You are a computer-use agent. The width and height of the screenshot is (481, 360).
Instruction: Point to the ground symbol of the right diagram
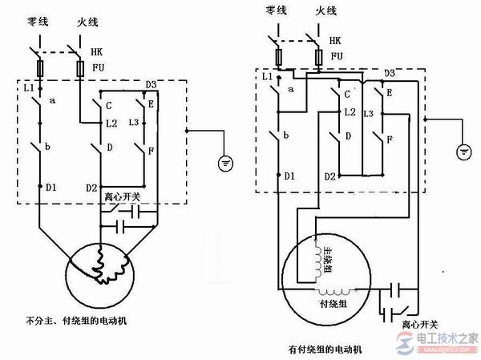coord(463,151)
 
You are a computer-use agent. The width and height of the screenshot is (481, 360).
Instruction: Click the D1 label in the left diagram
coord(51,188)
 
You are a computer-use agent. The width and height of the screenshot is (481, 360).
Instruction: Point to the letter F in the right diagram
coord(390,140)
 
